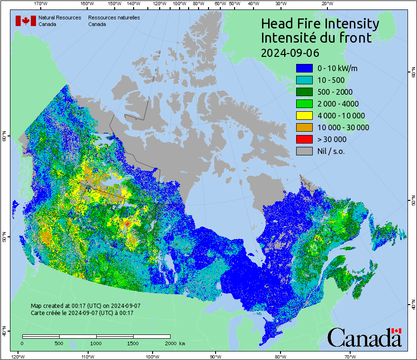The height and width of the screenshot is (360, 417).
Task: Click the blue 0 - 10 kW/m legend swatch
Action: click(304, 68)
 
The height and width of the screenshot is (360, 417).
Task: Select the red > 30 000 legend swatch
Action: click(304, 139)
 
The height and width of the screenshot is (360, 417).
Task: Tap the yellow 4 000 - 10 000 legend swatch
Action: click(304, 116)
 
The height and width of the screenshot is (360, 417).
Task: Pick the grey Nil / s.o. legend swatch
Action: click(304, 151)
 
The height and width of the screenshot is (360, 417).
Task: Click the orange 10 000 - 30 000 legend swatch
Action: click(304, 127)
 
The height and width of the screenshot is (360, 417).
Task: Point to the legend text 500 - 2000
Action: click(335, 92)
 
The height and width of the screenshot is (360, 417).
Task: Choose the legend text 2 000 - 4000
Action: click(338, 104)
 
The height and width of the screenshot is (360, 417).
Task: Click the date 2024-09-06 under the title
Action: click(290, 52)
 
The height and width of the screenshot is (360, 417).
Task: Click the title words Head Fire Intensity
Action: click(320, 24)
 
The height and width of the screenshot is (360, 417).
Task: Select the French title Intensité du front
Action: click(317, 38)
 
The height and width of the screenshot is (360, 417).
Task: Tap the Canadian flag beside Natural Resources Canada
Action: click(26, 21)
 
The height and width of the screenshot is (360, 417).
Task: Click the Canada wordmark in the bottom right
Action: click(364, 338)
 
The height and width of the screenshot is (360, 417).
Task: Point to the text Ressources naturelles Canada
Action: click(114, 21)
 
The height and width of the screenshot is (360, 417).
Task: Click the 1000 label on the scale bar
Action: click(96, 343)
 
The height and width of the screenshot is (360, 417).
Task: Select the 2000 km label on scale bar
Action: click(175, 343)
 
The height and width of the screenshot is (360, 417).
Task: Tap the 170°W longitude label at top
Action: click(41, 4)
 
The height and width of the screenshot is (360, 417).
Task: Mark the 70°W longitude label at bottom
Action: click(350, 356)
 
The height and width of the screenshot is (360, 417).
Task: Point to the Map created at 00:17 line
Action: click(86, 306)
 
